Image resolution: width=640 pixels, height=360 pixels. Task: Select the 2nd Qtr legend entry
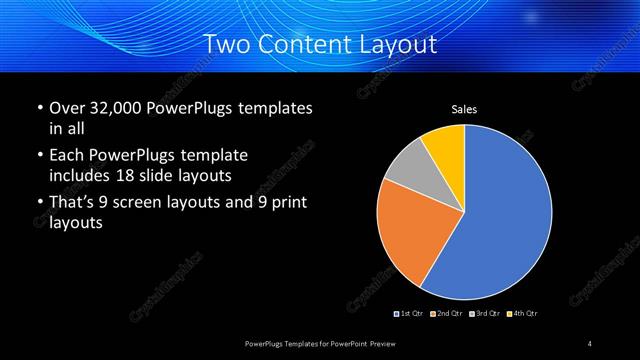pos(446,314)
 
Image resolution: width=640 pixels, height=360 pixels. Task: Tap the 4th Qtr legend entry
pos(523,314)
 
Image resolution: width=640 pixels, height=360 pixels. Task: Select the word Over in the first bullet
pos(67,107)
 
